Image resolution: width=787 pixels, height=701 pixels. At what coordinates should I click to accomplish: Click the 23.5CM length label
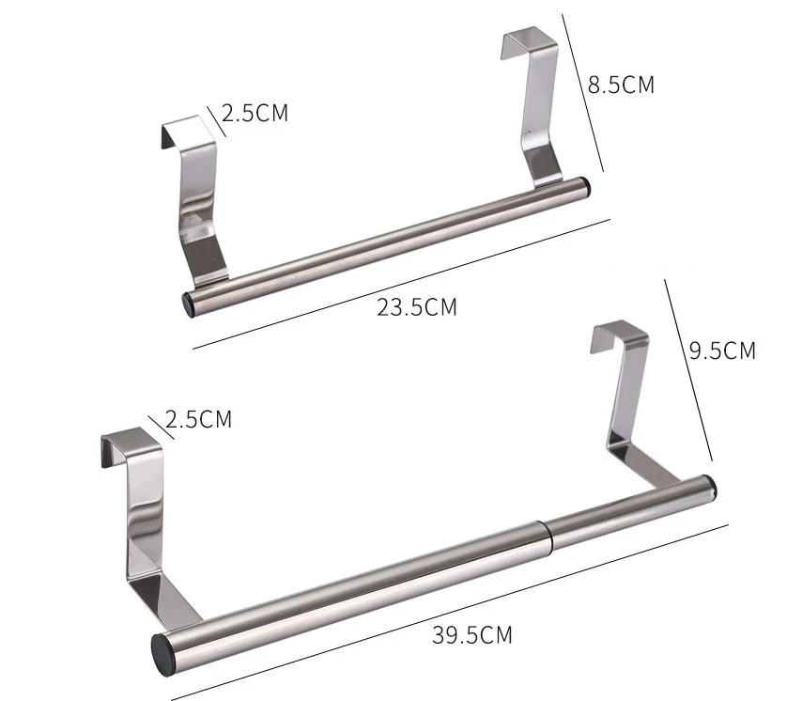tap(417, 306)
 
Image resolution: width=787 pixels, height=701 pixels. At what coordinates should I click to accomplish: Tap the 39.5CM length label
tap(472, 635)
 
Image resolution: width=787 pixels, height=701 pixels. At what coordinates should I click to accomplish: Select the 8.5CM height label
tap(621, 85)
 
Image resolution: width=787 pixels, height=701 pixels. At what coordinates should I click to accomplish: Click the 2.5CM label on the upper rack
tap(255, 114)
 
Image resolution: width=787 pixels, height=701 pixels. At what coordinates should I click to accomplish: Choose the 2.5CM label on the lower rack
tap(198, 419)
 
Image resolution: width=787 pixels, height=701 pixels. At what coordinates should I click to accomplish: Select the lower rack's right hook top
tap(621, 330)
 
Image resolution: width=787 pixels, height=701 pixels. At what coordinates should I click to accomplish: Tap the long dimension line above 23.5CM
tap(404, 284)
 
